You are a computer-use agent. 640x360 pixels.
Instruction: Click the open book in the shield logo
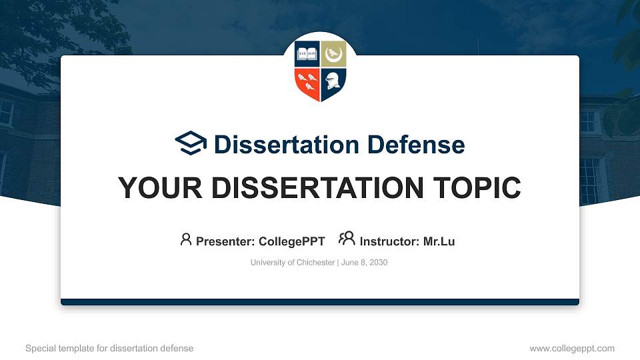click(307, 54)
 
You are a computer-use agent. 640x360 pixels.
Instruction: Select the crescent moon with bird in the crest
click(333, 54)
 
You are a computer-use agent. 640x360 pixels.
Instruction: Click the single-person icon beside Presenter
click(186, 239)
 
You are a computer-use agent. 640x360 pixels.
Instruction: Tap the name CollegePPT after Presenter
click(292, 241)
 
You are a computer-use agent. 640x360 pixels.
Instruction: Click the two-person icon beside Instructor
click(347, 239)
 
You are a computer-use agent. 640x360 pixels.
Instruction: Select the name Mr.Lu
click(439, 241)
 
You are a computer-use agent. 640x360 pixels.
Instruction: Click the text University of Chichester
click(293, 263)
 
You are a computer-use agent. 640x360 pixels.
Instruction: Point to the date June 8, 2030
click(365, 263)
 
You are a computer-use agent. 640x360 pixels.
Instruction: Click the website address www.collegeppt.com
click(571, 348)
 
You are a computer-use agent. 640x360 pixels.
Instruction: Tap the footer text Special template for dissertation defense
click(109, 348)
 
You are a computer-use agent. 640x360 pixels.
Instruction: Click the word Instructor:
click(389, 241)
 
